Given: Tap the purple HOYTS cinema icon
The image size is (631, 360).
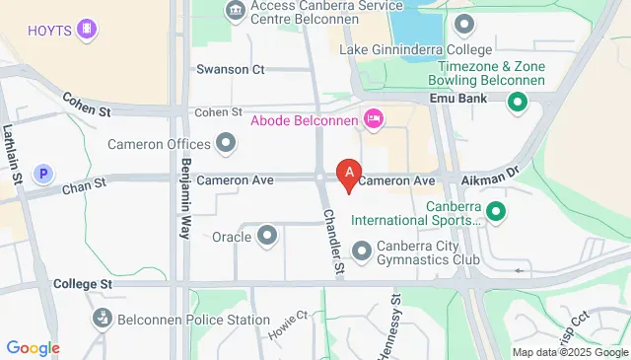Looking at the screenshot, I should click(x=89, y=30).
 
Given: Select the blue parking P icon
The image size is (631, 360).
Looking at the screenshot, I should click(x=42, y=174).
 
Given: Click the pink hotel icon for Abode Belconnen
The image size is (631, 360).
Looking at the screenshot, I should click(x=374, y=120).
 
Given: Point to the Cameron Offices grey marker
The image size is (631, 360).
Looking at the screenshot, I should click(x=227, y=144).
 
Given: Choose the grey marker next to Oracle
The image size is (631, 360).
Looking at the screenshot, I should click(x=267, y=236).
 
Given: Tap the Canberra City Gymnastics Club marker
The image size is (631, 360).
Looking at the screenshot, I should click(x=361, y=252).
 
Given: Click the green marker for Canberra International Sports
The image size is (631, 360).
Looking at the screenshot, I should click(x=497, y=210).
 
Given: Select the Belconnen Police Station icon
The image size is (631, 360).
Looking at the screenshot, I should click(x=102, y=319).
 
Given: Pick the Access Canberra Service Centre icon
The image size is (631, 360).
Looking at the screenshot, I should click(x=236, y=12).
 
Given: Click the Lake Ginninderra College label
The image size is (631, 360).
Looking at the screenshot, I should click(x=415, y=49).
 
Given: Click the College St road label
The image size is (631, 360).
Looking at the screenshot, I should click(x=83, y=283).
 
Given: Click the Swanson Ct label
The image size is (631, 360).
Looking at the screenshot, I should click(x=231, y=69).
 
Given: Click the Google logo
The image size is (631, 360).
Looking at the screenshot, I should click(x=34, y=347).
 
